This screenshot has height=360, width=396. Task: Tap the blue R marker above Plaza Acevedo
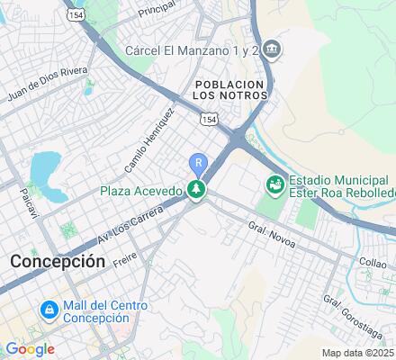coord(198,163)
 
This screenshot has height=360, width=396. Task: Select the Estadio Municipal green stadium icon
coord(275,184)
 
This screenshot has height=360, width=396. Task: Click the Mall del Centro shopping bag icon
coord(47,310)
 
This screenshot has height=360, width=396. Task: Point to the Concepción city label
coord(58,260)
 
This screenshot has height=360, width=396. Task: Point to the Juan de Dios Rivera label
coord(46,95)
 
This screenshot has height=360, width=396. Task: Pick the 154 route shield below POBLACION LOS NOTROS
coord(208,119)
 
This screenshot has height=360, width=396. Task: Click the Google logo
coord(29,349)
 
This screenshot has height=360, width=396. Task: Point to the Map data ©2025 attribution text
coord(358,353)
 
